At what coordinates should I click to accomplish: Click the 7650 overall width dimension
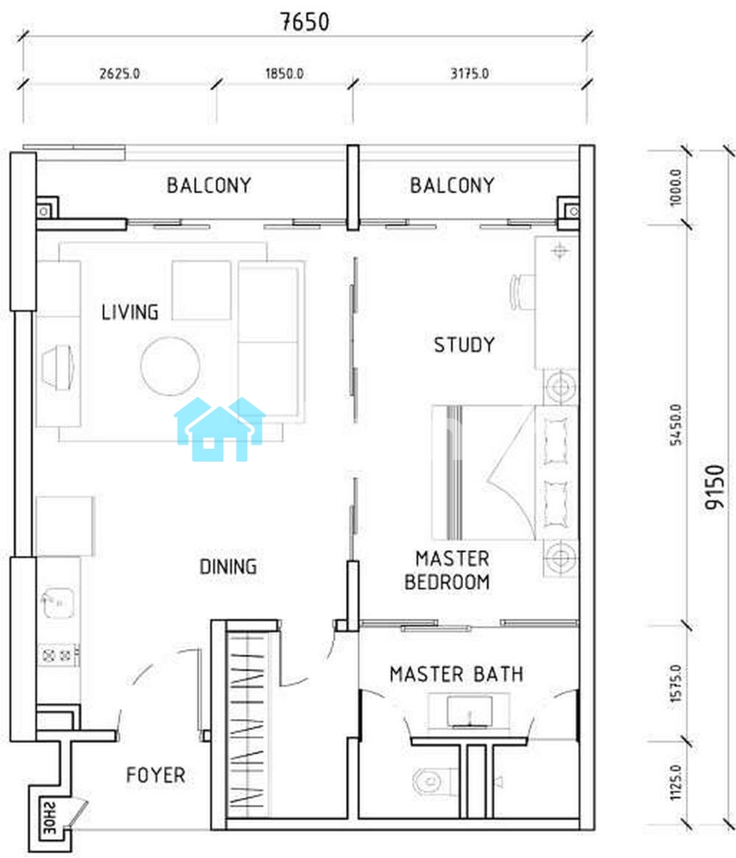pyautogui.click(x=305, y=22)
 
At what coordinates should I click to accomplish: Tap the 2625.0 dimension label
pyautogui.click(x=119, y=73)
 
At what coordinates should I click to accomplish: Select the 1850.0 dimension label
pyautogui.click(x=284, y=73)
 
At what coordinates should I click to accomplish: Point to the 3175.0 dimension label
pyautogui.click(x=469, y=73)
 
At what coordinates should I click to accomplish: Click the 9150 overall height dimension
pyautogui.click(x=715, y=487)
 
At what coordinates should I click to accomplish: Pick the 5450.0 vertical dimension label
pyautogui.click(x=676, y=425)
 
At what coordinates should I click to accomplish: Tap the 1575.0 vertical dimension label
pyautogui.click(x=676, y=684)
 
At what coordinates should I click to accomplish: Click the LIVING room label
pyautogui.click(x=130, y=312)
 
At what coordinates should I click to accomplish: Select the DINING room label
pyautogui.click(x=228, y=566)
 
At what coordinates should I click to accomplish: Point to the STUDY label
pyautogui.click(x=465, y=345)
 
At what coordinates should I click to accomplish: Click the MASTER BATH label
pyautogui.click(x=456, y=674)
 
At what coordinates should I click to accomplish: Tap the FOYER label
pyautogui.click(x=155, y=775)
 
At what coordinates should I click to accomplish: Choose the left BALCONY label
pyautogui.click(x=209, y=185)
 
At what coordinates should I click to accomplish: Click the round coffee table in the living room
pyautogui.click(x=170, y=366)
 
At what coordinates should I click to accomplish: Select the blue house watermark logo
pyautogui.click(x=220, y=429)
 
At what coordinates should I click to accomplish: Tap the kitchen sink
pyautogui.click(x=58, y=603)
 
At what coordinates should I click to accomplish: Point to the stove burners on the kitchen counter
pyautogui.click(x=58, y=655)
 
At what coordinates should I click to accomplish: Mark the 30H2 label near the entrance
pyautogui.click(x=49, y=818)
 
